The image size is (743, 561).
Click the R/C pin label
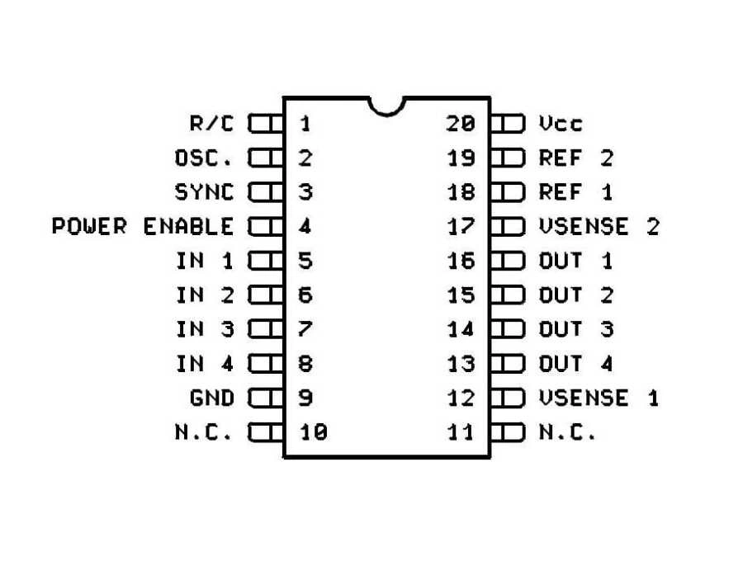[x=212, y=124]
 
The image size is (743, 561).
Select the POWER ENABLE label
[x=143, y=226]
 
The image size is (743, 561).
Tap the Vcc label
[x=561, y=124]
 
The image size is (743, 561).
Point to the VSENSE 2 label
[x=599, y=226]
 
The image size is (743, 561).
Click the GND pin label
[x=212, y=398]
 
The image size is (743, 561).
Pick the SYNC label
[x=205, y=192]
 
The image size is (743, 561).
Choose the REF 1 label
[x=575, y=192]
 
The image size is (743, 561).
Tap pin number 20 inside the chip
[x=461, y=124]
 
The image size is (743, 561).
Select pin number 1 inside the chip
[x=305, y=124]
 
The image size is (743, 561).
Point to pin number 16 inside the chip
[x=461, y=261]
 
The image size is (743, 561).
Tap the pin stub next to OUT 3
[x=508, y=329]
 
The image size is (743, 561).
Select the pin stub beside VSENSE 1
[x=508, y=398]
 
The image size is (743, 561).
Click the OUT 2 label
[x=575, y=295]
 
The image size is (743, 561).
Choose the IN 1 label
[x=205, y=261]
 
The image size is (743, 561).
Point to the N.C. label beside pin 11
[x=567, y=431]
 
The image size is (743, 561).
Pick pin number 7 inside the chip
[x=305, y=329]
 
